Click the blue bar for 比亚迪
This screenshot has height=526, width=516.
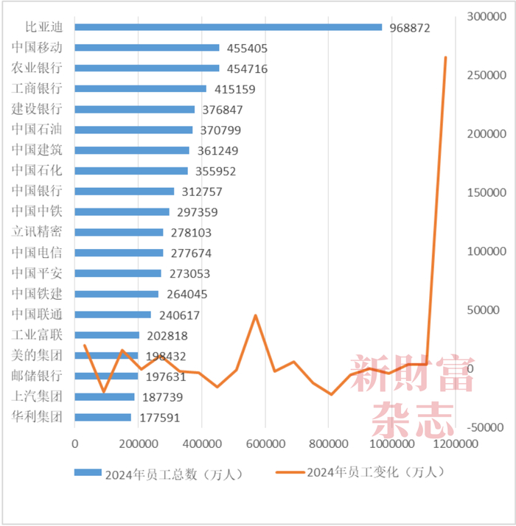click(x=229, y=27)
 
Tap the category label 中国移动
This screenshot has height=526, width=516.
click(x=37, y=48)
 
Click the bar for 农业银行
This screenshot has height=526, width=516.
click(x=147, y=69)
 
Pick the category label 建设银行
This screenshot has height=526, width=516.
click(x=37, y=109)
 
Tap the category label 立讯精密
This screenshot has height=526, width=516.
click(x=37, y=232)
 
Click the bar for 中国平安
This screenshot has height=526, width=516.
click(x=118, y=273)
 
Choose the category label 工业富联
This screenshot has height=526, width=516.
click(x=37, y=334)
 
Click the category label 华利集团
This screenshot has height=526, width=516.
click(x=37, y=417)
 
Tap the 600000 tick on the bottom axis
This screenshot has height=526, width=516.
click(x=265, y=444)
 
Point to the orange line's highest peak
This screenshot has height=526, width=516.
click(x=445, y=57)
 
